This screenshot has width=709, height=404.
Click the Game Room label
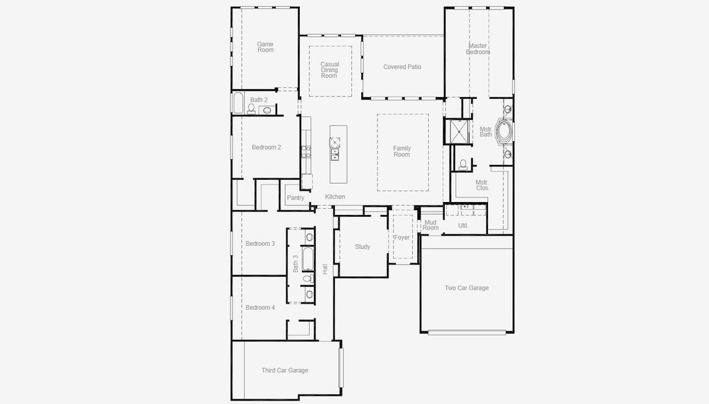(x=265, y=47)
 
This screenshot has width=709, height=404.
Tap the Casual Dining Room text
(x=330, y=70)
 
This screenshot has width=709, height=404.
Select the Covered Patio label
(x=402, y=67)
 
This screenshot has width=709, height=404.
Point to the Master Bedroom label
(x=478, y=48)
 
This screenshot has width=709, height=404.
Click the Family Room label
(x=402, y=151)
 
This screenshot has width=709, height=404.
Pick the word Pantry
(x=295, y=198)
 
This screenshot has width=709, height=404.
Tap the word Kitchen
(x=335, y=197)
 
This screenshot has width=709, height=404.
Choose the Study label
(x=363, y=247)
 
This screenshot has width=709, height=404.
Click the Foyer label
(x=402, y=238)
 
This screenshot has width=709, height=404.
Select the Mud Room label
(x=431, y=225)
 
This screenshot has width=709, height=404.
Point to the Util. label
(x=463, y=226)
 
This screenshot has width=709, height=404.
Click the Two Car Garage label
(x=466, y=288)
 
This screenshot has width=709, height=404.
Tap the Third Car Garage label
(x=284, y=370)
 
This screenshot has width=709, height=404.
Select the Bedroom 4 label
(x=260, y=308)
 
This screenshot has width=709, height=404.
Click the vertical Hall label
(x=325, y=269)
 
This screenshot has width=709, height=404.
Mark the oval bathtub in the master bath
(x=504, y=129)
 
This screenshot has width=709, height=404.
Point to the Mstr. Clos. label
(x=482, y=185)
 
